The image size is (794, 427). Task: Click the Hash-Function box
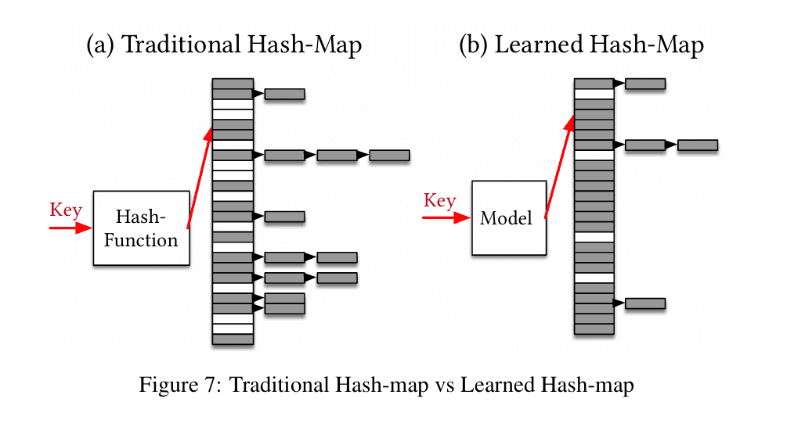141,228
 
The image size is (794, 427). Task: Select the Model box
508,217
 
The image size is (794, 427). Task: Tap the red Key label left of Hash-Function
66,210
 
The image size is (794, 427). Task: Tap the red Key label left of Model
439,201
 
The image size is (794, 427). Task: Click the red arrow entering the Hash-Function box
70,228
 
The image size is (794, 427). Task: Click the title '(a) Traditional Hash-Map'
224,45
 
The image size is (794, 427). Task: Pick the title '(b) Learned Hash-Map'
581,45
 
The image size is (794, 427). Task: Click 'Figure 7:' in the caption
181,385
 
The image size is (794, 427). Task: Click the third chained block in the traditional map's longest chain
389,156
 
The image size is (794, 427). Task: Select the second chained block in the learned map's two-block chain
697,145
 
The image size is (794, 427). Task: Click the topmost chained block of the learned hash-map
644,84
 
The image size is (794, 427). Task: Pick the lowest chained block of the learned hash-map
644,303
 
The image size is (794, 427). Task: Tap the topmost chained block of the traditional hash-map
284,95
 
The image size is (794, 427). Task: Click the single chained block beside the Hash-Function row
284,217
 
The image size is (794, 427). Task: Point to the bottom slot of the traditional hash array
233,339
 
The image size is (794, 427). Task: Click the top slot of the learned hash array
594,84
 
